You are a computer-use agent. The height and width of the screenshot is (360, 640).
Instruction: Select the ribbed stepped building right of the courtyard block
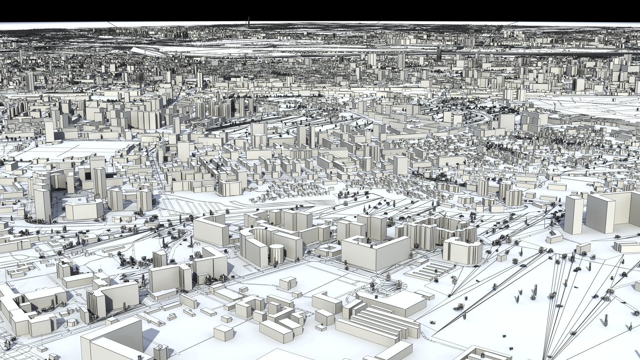pyautogui.click(x=462, y=250)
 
